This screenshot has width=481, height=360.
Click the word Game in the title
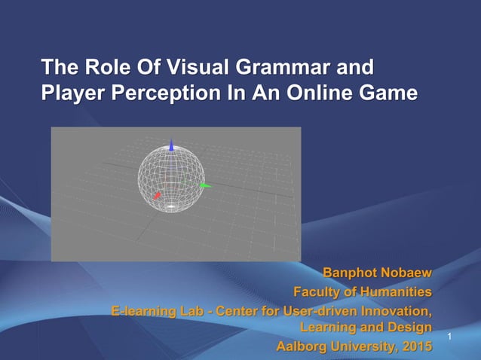(x=386, y=95)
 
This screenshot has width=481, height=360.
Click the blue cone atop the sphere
(x=172, y=145)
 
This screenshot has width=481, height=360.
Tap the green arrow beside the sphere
(x=204, y=185)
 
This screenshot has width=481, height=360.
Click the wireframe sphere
(x=171, y=178)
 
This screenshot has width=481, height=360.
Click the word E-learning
(x=140, y=310)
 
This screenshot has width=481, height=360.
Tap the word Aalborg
(x=301, y=346)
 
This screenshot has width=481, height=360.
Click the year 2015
(x=417, y=346)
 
